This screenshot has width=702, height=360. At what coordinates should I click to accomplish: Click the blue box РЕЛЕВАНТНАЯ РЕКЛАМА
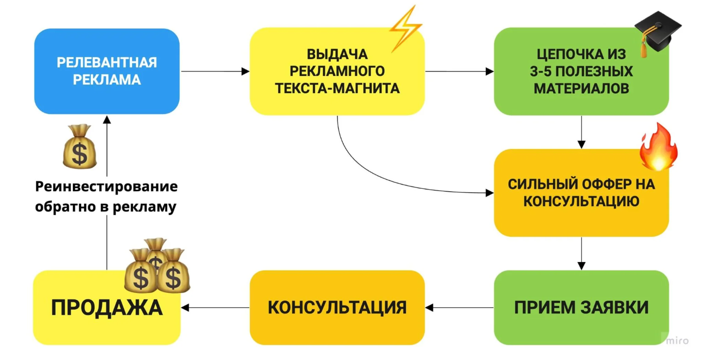107,71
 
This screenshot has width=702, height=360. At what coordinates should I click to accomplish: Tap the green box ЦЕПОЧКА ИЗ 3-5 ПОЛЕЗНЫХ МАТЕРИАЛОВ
581,72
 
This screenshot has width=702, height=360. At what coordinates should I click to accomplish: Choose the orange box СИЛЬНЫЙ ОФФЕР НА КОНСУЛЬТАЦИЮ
581,192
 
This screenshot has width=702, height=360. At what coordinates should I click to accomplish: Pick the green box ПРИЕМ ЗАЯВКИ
581,307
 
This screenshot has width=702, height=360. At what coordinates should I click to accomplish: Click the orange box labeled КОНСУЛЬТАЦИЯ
337,307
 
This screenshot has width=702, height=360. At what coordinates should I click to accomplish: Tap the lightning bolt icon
406,28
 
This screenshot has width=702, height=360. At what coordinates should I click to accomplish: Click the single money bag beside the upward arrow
80,146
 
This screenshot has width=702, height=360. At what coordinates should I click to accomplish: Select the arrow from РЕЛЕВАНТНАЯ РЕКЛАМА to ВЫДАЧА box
214,72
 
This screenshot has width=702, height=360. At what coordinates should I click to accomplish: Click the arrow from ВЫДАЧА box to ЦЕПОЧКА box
459,72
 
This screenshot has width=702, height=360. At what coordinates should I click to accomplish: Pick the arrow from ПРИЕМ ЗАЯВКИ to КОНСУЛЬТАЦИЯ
459,307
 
